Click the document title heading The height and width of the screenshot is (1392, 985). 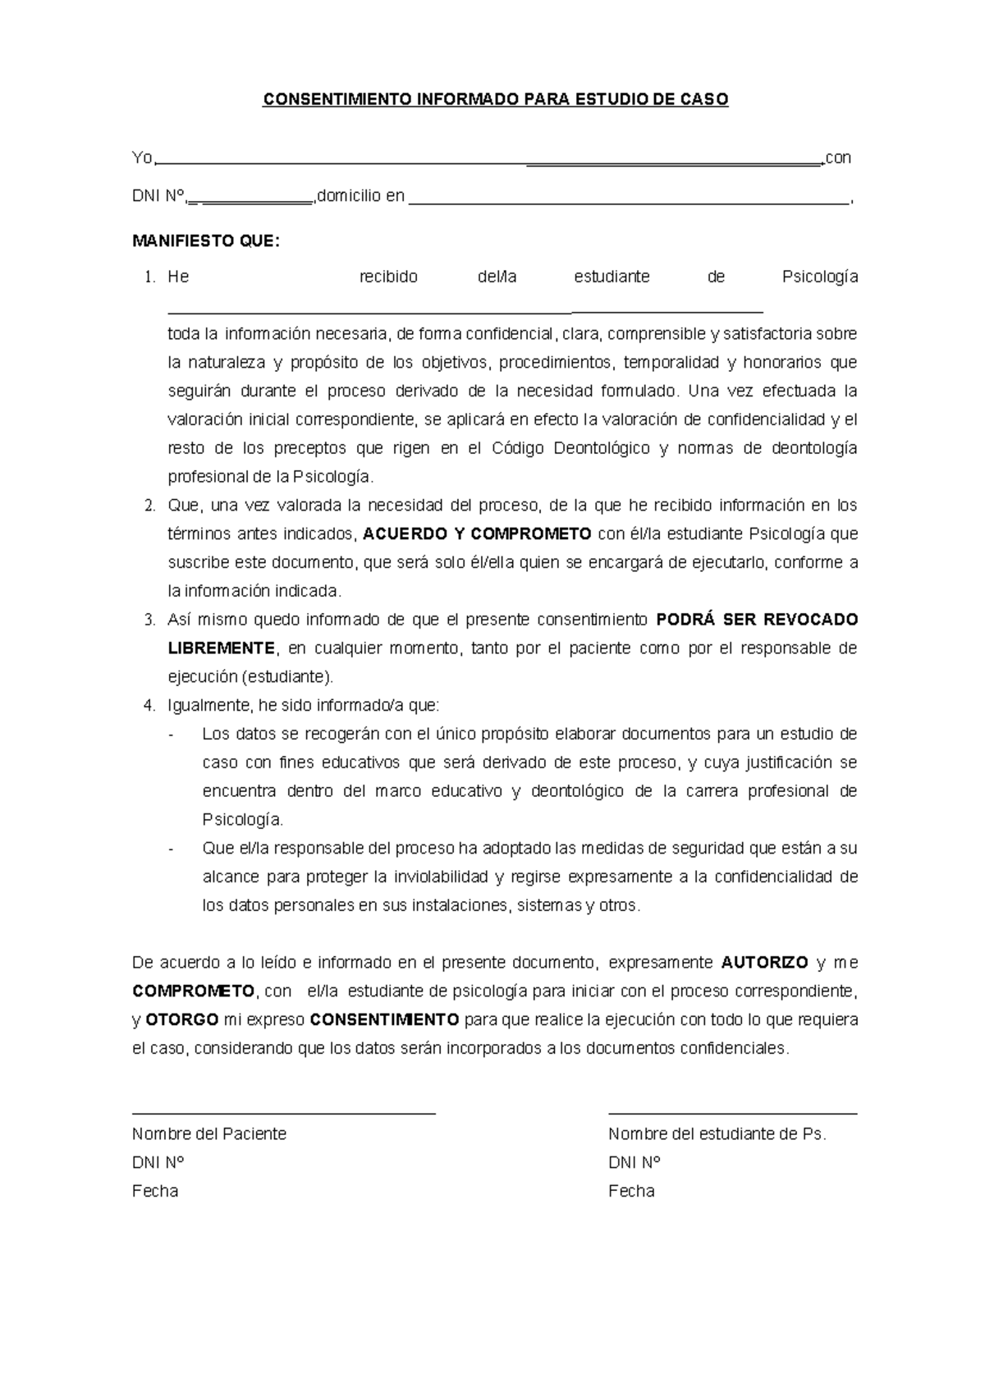(495, 100)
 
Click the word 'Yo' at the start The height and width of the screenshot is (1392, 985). (141, 158)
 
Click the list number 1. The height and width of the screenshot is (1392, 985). (149, 277)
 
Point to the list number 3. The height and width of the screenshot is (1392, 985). (149, 620)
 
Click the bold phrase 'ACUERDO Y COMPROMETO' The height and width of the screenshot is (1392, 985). (477, 534)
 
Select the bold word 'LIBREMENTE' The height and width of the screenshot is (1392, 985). (221, 648)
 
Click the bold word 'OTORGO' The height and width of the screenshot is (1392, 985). (181, 1020)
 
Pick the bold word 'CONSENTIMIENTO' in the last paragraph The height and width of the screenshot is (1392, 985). (384, 1020)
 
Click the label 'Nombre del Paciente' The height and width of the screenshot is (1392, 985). (209, 1134)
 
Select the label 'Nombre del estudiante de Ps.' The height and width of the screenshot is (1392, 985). (717, 1134)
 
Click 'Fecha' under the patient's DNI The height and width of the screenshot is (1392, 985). (155, 1191)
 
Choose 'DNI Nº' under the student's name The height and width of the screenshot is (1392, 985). (635, 1163)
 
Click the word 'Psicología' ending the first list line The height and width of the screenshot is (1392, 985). (820, 277)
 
